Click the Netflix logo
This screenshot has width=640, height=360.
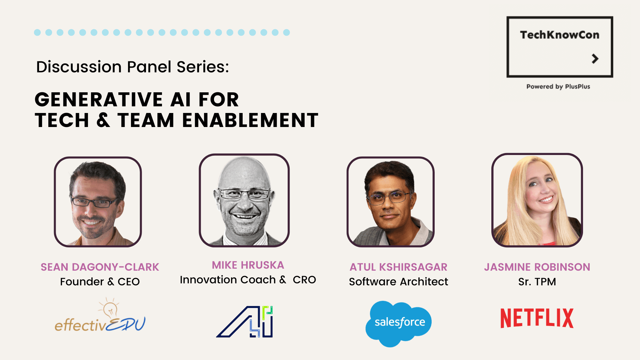tap(537, 318)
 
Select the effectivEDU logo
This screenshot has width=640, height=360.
tap(100, 316)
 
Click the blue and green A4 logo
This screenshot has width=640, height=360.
tap(245, 321)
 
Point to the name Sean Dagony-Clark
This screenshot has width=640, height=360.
tap(100, 267)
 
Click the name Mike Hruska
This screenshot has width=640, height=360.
tap(248, 265)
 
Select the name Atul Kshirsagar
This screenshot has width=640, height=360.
tap(398, 267)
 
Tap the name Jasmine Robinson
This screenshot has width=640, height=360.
tap(537, 267)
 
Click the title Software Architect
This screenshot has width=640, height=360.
tap(398, 282)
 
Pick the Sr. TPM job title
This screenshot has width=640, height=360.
tap(537, 282)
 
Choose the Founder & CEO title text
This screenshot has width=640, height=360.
tap(100, 282)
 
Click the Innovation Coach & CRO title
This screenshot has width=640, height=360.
tap(248, 280)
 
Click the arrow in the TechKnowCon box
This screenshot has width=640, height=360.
tap(595, 59)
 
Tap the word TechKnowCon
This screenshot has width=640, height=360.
tap(560, 35)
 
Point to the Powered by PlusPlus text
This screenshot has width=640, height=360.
tap(558, 87)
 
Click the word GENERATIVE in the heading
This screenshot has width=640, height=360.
tap(99, 100)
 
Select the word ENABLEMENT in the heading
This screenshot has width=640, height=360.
tap(250, 120)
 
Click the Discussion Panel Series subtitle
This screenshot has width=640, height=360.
tap(133, 67)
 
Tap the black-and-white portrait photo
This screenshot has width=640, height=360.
tap(244, 200)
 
